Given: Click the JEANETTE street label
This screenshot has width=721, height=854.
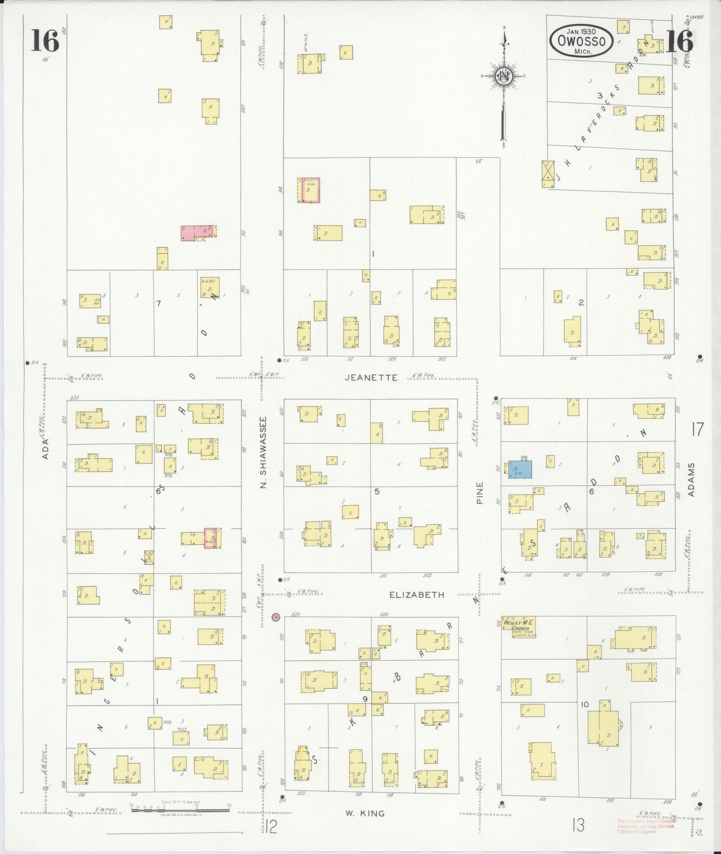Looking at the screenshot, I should (371, 378).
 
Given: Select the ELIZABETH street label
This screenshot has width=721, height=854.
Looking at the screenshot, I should (417, 595).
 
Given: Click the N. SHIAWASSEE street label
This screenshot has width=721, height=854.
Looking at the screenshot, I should (264, 453).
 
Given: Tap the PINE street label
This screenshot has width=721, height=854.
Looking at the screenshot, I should (480, 492).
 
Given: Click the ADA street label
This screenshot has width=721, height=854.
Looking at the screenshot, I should (45, 448).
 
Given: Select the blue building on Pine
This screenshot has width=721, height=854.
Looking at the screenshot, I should (520, 469).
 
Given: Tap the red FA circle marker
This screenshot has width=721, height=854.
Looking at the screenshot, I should (275, 617).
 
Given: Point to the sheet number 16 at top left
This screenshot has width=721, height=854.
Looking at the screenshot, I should (45, 40).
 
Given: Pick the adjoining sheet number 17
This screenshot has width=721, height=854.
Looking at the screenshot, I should (697, 429).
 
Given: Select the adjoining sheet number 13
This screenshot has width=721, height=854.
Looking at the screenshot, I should (578, 826).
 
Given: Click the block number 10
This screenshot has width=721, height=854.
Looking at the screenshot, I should (585, 704).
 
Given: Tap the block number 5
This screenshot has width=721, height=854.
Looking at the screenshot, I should (377, 491).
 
